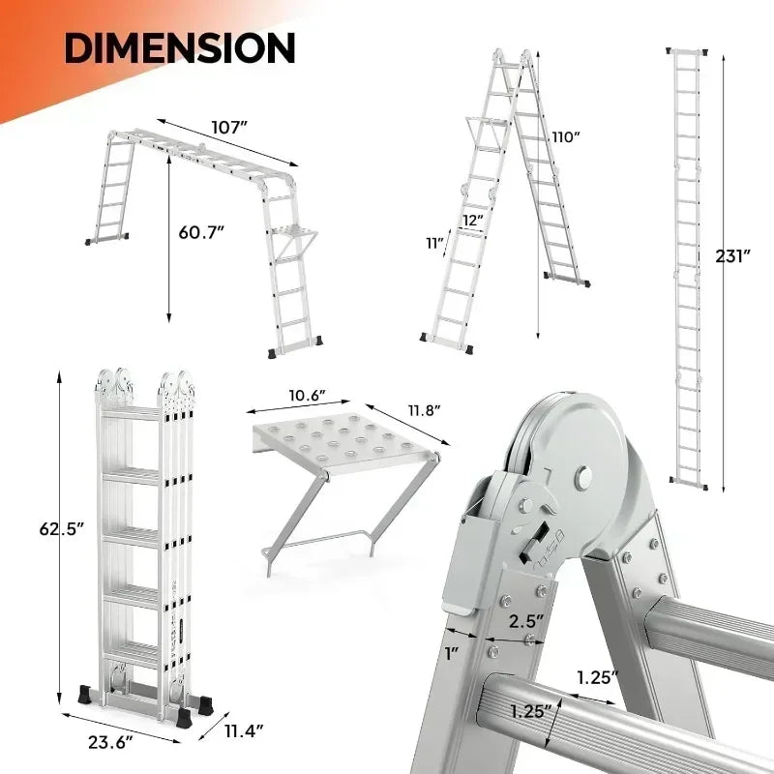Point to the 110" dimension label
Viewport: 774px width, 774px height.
point(564,136)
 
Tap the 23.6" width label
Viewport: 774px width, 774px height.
point(114,742)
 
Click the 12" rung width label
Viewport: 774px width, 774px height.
point(472,221)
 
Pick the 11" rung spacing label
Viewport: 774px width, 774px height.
point(432,243)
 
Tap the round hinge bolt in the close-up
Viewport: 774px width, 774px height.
point(583,476)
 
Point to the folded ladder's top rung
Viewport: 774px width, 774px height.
point(131,417)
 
